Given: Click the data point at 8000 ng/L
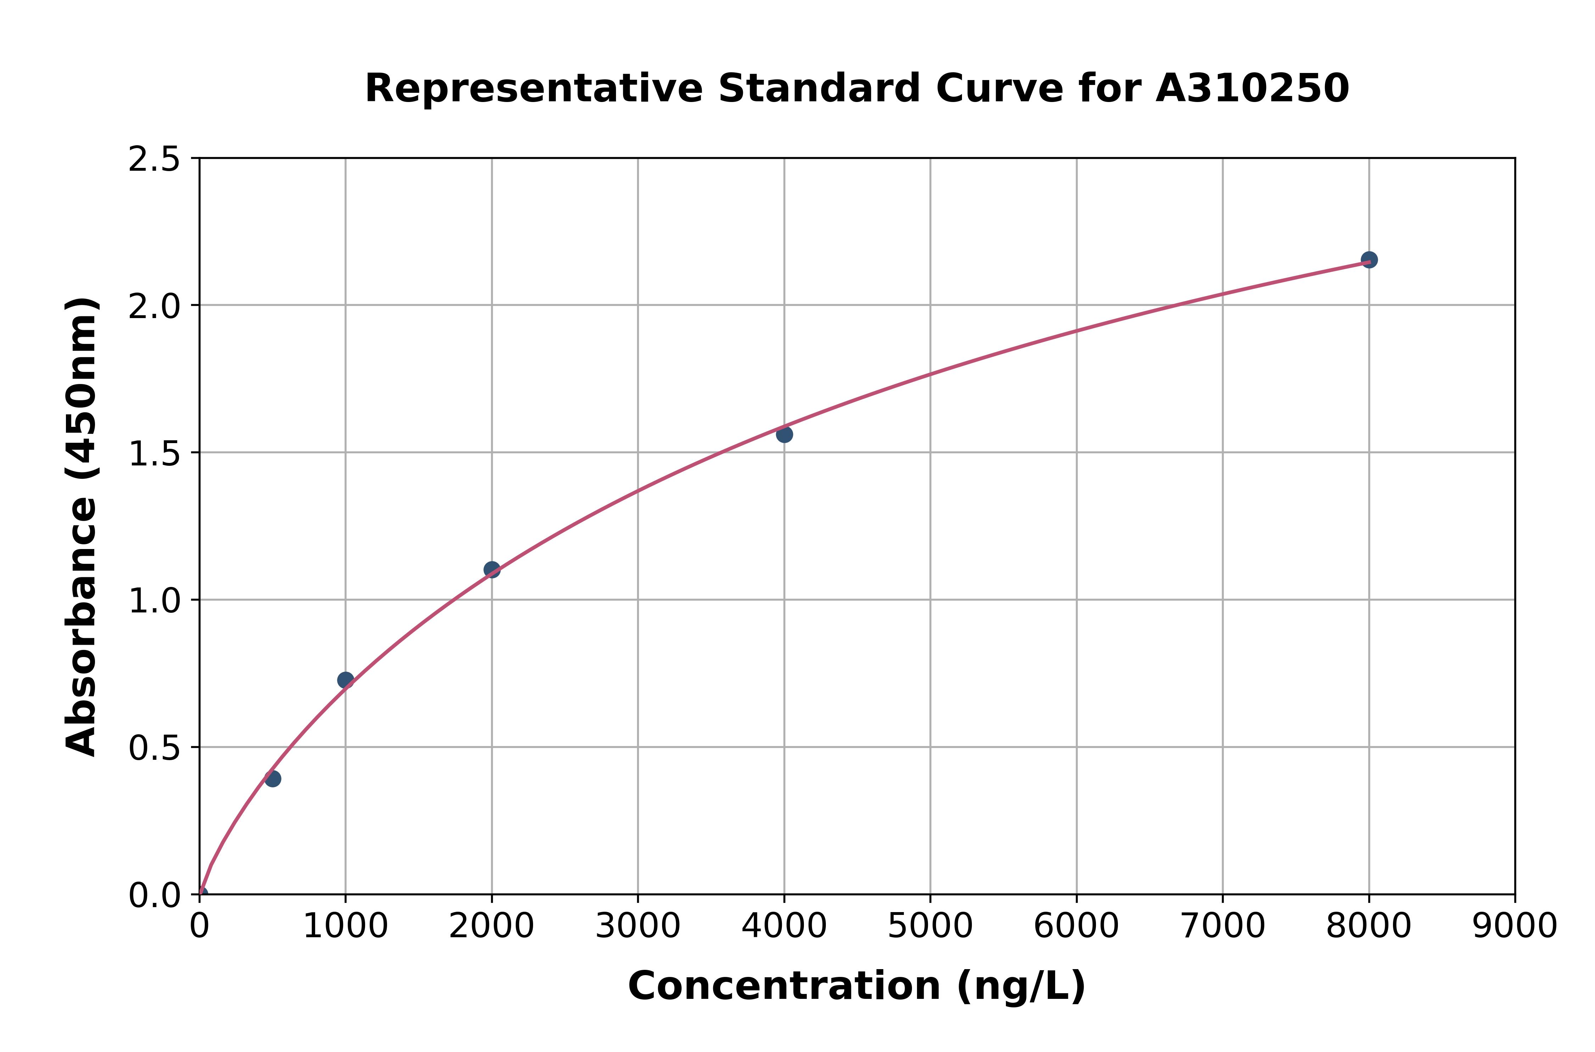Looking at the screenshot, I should coord(1369,260).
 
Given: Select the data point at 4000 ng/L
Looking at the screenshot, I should coord(784,434).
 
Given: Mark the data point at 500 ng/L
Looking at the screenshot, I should coord(273,779).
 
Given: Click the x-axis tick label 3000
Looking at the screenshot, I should coord(638,927).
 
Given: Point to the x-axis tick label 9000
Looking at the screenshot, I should coord(1515,927).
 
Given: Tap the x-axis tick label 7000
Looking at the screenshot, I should coord(1222,927).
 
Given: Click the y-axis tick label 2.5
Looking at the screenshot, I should coord(155,159).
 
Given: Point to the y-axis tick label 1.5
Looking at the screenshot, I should coord(155,453).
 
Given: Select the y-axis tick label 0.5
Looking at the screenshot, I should coord(155,747).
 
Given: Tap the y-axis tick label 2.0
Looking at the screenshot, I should coord(155,306).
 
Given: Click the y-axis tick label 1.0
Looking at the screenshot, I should coord(155,600).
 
